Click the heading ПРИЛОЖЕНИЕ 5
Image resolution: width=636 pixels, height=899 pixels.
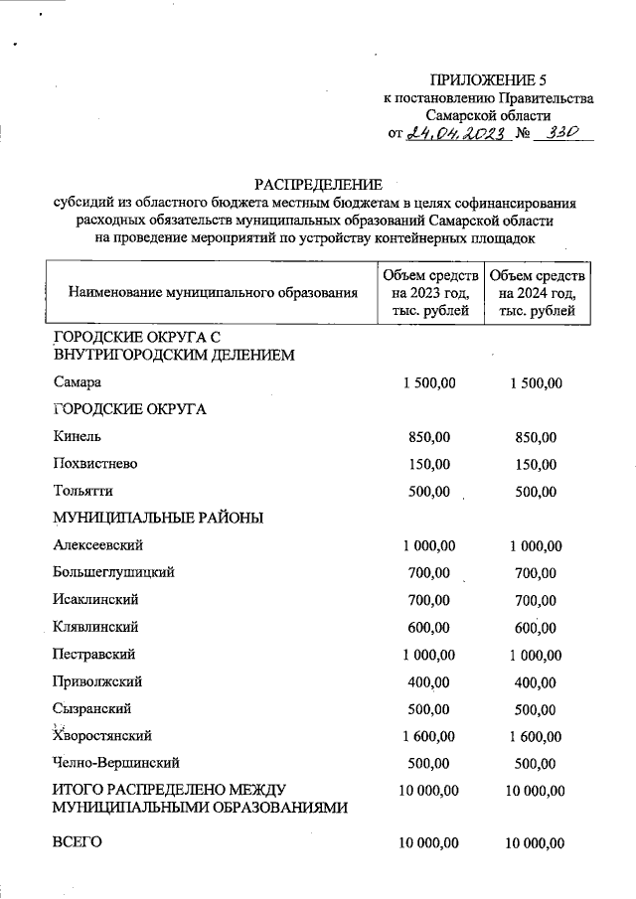[x=488, y=79]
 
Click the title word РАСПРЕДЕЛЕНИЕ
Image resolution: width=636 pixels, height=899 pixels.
[x=318, y=184]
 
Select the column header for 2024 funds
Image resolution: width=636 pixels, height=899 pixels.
[x=538, y=293]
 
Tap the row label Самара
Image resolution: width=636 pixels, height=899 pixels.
[x=77, y=382]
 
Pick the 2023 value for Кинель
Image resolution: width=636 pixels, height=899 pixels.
[x=429, y=437]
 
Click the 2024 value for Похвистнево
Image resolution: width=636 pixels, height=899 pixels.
[x=536, y=464]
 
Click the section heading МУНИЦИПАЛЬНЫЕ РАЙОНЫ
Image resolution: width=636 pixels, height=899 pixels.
[x=157, y=518]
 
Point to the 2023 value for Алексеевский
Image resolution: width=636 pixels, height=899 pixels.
[x=429, y=545]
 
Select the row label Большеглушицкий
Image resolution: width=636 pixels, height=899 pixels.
[x=114, y=572]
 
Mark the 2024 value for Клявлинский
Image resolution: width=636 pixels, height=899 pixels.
[x=536, y=627]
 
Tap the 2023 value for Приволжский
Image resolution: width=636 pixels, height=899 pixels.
[x=429, y=681]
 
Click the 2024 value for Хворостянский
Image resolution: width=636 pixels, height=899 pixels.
[x=536, y=736]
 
